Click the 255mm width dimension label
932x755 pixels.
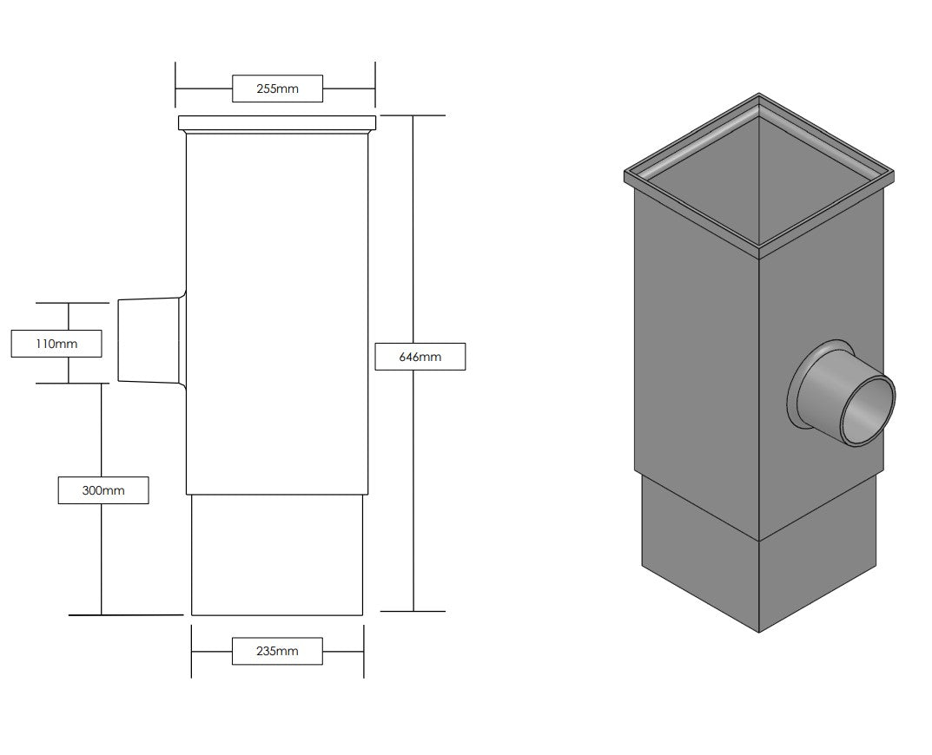point(277,89)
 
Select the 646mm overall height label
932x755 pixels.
point(420,357)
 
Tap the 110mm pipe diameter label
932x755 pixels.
point(56,344)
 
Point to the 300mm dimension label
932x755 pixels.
point(103,490)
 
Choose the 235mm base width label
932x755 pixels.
point(277,651)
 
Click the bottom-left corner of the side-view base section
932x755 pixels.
point(191,614)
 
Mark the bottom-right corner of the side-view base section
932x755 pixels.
point(362,614)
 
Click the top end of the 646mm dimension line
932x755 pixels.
point(413,115)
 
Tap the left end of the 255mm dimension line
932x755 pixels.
point(176,89)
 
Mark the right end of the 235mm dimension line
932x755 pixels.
point(363,651)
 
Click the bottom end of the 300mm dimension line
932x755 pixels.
point(102,614)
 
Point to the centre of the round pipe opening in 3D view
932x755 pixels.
point(868,409)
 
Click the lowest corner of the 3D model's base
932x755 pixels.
point(759,632)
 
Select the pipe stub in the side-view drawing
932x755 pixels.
point(151,342)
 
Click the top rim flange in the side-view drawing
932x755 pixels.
point(277,123)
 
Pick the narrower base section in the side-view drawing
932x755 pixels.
point(277,555)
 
